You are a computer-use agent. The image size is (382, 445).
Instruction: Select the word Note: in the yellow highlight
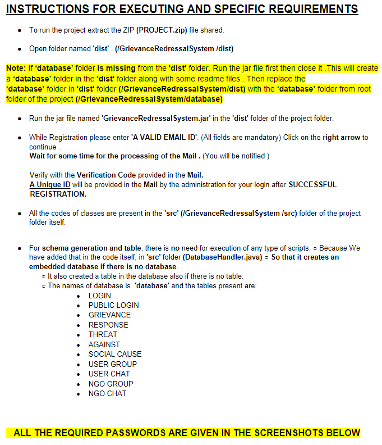pyautogui.click(x=16, y=69)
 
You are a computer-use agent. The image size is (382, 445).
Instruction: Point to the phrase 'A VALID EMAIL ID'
pyautogui.click(x=159, y=138)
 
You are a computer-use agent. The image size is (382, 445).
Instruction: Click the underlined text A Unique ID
pyautogui.click(x=50, y=185)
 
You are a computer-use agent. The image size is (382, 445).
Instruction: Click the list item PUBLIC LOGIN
pyautogui.click(x=113, y=305)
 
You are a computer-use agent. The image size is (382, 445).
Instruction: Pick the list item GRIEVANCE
pyautogui.click(x=109, y=315)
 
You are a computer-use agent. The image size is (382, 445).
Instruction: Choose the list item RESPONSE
pyautogui.click(x=108, y=325)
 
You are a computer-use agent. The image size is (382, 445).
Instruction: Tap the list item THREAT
pyautogui.click(x=103, y=334)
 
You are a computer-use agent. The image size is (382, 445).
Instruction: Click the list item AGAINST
pyautogui.click(x=104, y=344)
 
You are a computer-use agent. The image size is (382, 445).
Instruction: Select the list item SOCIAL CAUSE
pyautogui.click(x=115, y=354)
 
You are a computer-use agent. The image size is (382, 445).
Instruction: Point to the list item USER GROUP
pyautogui.click(x=112, y=364)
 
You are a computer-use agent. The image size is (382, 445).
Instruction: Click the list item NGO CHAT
pyautogui.click(x=107, y=393)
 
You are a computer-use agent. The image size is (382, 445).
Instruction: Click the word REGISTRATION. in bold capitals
pyautogui.click(x=57, y=194)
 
